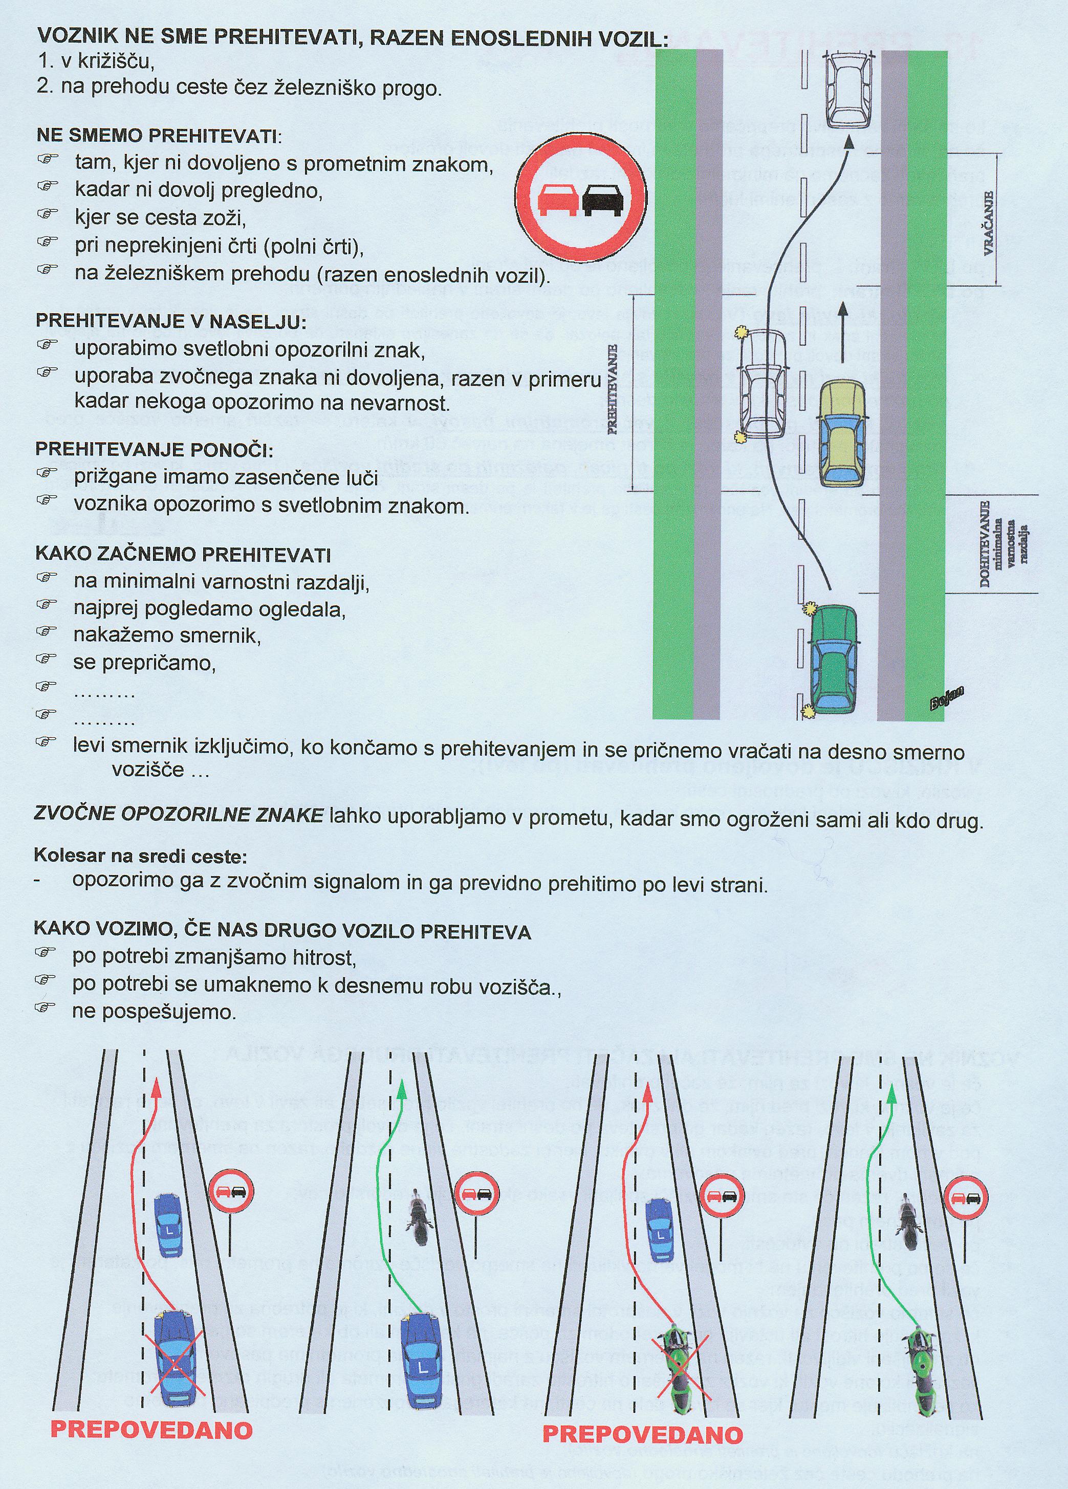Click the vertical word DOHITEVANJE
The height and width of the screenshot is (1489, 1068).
[x=985, y=546]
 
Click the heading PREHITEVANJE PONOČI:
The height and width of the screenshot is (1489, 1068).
[x=154, y=450]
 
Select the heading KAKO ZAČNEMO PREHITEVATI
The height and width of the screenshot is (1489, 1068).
[x=183, y=555]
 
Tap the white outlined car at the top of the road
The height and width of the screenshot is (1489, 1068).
[x=850, y=91]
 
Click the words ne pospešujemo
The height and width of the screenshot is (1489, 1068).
[x=154, y=1012]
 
